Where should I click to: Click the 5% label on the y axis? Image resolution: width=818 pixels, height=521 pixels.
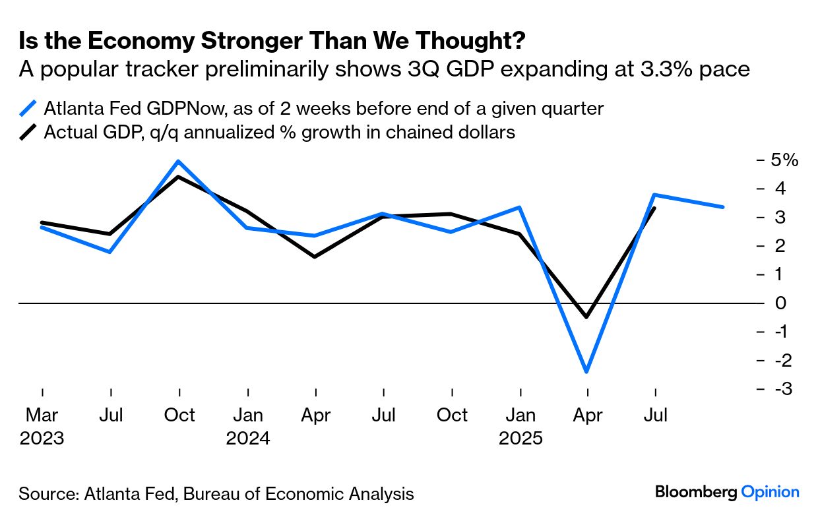coord(785,160)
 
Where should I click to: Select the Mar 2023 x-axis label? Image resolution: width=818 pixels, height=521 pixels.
coord(42,426)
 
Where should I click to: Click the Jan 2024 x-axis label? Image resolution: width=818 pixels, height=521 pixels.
coord(248,426)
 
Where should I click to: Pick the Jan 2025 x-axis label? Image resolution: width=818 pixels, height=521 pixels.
coord(520,426)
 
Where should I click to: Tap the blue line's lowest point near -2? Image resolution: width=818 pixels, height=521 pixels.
coord(586,372)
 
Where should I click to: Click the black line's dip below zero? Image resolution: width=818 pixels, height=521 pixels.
coord(586,317)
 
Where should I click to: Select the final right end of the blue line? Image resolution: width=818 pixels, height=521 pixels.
coord(723,206)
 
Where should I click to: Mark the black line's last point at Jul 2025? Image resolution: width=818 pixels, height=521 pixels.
coord(654,208)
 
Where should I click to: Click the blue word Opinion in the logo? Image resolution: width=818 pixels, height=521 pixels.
coord(770,492)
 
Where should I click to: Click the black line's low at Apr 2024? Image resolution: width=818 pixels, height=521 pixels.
coord(315,256)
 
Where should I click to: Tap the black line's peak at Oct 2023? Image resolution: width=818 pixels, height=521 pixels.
coord(179,177)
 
